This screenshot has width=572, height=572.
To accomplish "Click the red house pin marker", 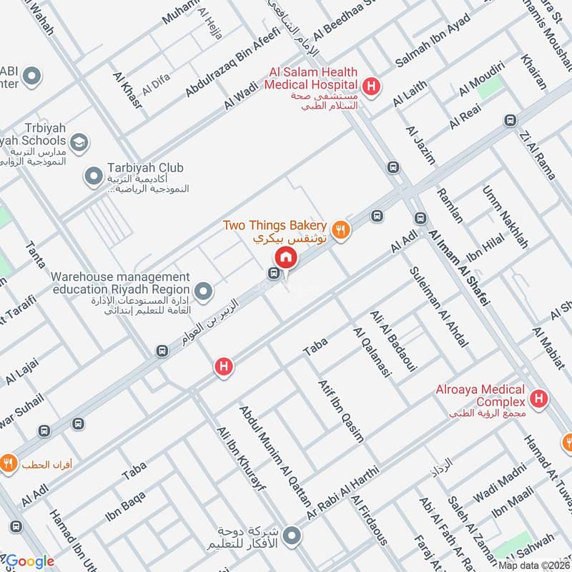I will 286,257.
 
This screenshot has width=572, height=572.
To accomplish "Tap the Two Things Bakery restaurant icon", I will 342,230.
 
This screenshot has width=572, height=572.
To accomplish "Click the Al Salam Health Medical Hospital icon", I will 371,87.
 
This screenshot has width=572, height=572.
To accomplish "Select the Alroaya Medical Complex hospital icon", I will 540,398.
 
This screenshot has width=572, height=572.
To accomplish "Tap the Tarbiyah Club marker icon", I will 93,174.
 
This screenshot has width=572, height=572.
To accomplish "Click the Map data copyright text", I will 534,565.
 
